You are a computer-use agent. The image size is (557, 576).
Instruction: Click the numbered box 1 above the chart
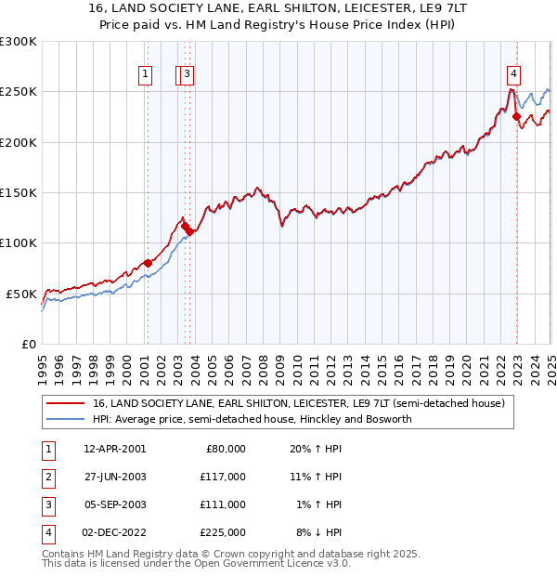pyautogui.click(x=146, y=75)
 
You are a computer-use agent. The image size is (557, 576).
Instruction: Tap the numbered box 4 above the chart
pyautogui.click(x=513, y=75)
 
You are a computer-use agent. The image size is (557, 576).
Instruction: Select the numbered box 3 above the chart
pyautogui.click(x=188, y=75)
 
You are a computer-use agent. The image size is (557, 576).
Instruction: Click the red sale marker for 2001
pyautogui.click(x=148, y=263)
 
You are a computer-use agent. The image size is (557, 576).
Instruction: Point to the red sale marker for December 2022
pyautogui.click(x=516, y=117)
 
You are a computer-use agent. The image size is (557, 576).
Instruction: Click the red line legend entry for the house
pyautogui.click(x=298, y=404)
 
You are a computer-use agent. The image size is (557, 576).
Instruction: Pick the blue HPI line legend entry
pyautogui.click(x=251, y=419)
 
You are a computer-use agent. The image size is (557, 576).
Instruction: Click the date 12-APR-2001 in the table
pyautogui.click(x=114, y=449)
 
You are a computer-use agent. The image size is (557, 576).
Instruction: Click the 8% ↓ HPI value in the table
pyautogui.click(x=319, y=532)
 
